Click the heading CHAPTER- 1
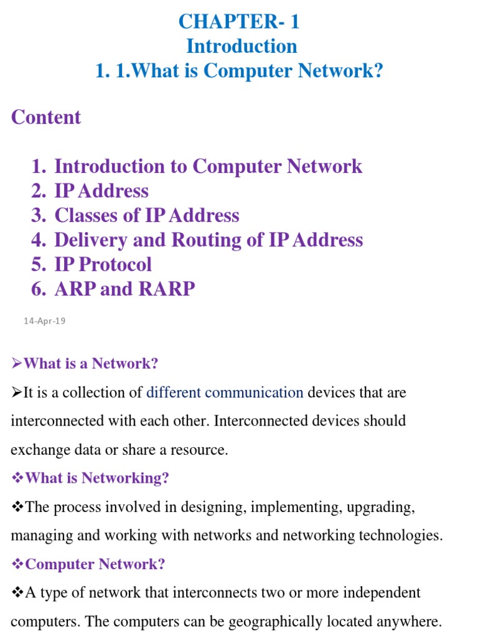pos(239,22)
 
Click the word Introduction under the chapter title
pos(242,46)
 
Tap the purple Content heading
pos(46,117)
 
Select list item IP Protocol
pos(103,264)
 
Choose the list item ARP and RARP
pos(124,289)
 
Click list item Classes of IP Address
pos(147,215)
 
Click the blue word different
pos(173,393)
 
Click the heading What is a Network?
pos(91,363)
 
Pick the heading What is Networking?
pos(96,478)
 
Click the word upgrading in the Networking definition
pos(380,507)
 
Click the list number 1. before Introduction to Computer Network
pos(39,166)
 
